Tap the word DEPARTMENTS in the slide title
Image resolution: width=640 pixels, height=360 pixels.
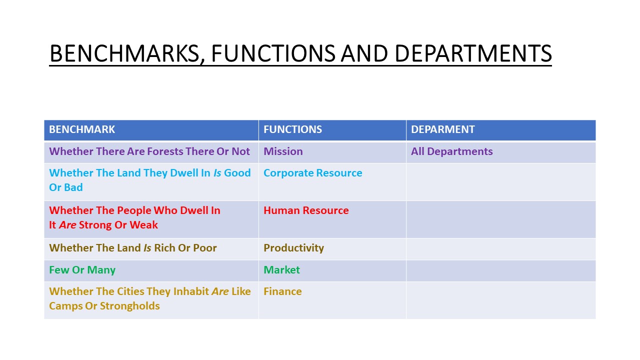click(473, 53)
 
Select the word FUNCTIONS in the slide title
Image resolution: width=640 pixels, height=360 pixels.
click(273, 53)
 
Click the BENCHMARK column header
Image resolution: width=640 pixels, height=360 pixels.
click(82, 129)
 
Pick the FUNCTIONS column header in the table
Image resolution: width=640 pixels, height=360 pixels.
click(292, 129)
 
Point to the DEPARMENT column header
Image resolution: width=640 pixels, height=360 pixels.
click(443, 129)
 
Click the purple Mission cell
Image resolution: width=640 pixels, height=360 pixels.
click(283, 151)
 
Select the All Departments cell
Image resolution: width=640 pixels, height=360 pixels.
click(451, 151)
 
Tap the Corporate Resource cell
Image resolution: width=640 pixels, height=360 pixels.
click(313, 173)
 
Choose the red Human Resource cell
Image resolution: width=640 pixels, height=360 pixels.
click(306, 210)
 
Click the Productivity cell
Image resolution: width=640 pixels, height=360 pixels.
click(293, 248)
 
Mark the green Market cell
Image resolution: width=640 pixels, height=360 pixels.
click(281, 270)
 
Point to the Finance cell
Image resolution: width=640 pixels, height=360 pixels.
click(282, 291)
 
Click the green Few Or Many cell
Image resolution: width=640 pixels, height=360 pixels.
click(82, 270)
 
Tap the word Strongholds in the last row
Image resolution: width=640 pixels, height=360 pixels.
click(129, 306)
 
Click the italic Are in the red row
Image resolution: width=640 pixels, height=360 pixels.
click(67, 225)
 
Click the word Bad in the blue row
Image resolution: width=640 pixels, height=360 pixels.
click(73, 187)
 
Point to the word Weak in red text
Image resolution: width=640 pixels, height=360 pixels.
click(143, 225)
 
